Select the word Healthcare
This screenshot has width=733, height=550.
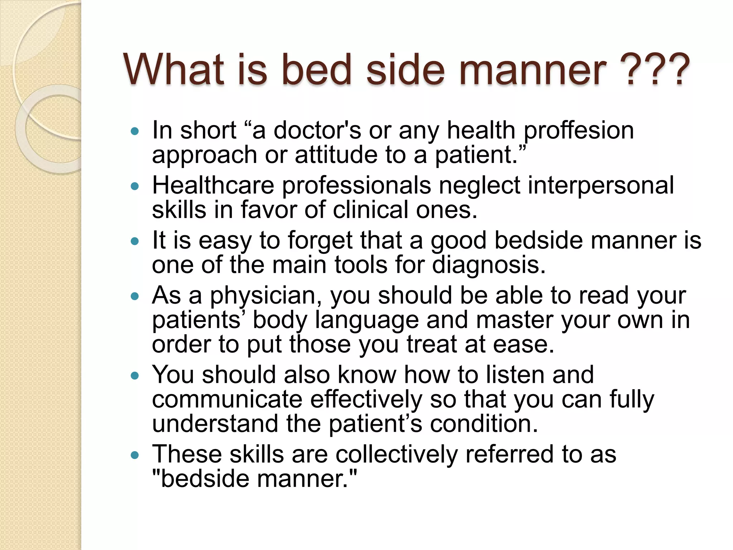click(213, 185)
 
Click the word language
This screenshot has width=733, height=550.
click(366, 321)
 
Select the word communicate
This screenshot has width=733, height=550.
click(227, 399)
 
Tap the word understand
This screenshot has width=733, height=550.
click(215, 424)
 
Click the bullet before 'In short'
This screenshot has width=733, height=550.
click(135, 131)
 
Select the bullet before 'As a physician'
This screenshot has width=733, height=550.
click(135, 296)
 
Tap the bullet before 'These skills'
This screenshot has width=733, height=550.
click(135, 455)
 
